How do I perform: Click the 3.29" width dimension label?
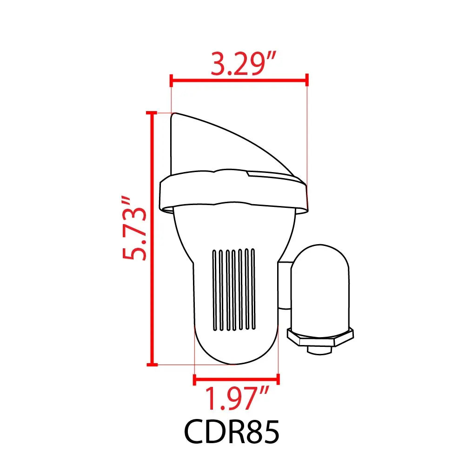(x=243, y=63)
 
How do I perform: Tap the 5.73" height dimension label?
(x=134, y=228)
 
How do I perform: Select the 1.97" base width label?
(x=237, y=399)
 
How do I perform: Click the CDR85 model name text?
(x=232, y=432)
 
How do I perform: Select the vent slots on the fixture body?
(x=234, y=290)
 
